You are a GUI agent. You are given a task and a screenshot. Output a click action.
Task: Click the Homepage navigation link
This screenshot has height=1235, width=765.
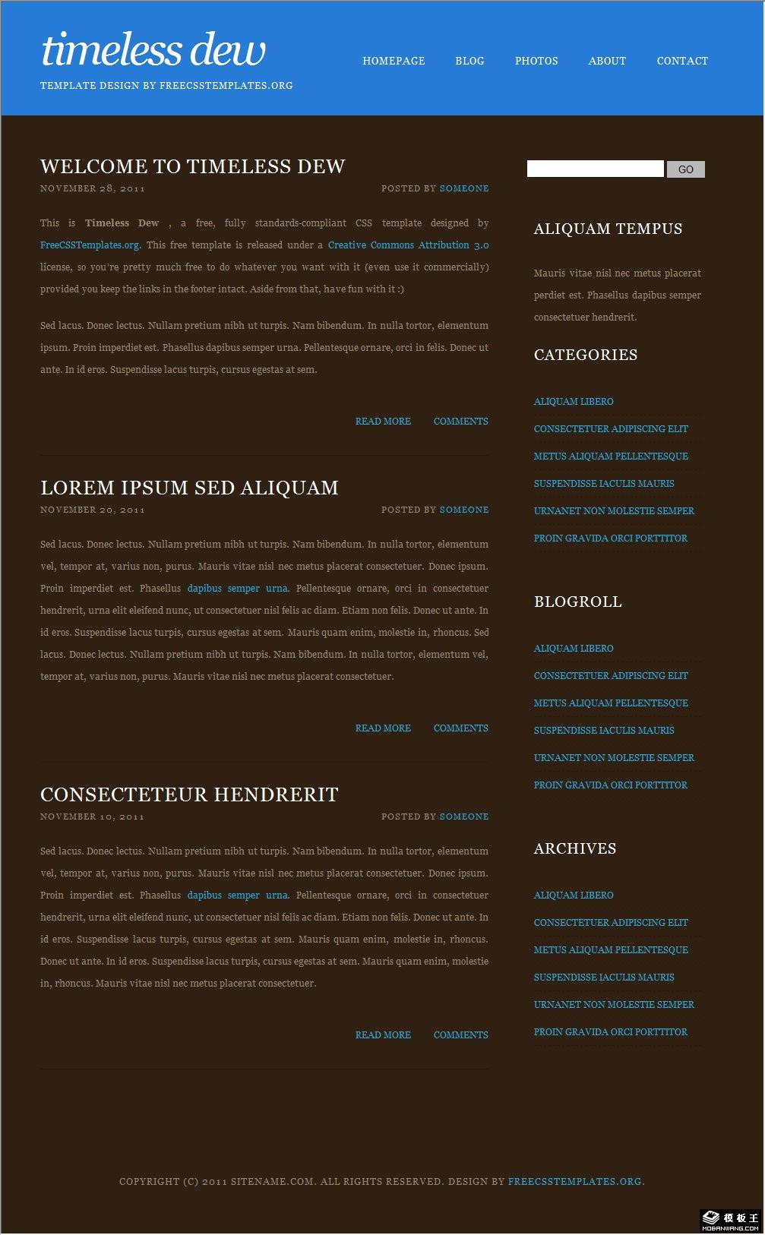pyautogui.click(x=394, y=61)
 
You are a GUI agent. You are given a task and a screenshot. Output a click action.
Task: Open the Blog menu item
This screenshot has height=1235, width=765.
pyautogui.click(x=469, y=61)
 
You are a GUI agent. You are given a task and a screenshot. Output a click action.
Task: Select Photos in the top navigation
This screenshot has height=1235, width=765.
pyautogui.click(x=536, y=61)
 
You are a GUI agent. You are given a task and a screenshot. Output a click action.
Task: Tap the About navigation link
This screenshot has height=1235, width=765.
pyautogui.click(x=607, y=61)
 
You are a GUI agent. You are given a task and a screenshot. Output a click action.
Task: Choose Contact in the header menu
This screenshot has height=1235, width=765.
pyautogui.click(x=682, y=61)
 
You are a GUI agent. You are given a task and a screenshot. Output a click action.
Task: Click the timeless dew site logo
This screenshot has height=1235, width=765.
pyautogui.click(x=153, y=51)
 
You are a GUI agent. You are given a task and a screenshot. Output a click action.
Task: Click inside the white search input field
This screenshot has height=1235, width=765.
pyautogui.click(x=595, y=169)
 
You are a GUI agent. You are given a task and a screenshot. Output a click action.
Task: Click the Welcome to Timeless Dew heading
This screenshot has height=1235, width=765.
pyautogui.click(x=193, y=166)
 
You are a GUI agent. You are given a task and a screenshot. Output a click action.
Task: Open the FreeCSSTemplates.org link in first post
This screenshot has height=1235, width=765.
pyautogui.click(x=90, y=245)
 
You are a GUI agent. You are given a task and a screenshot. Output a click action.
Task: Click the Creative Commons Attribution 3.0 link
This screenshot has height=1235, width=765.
pyautogui.click(x=408, y=245)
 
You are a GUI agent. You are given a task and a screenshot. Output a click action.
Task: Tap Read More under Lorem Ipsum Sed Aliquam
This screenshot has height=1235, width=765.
pyautogui.click(x=383, y=728)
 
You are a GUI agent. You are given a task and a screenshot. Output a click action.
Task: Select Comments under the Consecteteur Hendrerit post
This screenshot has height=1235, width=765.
pyautogui.click(x=460, y=1035)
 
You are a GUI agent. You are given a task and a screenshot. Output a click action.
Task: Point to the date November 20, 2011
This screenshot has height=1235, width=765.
pyautogui.click(x=93, y=510)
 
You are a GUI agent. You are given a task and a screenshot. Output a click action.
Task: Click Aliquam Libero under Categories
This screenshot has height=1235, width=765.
pyautogui.click(x=574, y=402)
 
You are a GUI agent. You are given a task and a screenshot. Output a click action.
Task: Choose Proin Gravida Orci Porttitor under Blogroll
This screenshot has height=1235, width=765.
pyautogui.click(x=610, y=785)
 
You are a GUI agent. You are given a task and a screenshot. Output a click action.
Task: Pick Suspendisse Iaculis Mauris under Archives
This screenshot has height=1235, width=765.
pyautogui.click(x=604, y=978)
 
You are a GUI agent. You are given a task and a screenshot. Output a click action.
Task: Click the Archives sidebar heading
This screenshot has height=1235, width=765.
pyautogui.click(x=575, y=848)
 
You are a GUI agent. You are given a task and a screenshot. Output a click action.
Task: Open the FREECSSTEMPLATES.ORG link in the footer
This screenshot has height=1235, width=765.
pyautogui.click(x=574, y=1182)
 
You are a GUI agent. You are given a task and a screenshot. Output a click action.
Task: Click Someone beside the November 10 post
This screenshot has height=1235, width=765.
pyautogui.click(x=463, y=816)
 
